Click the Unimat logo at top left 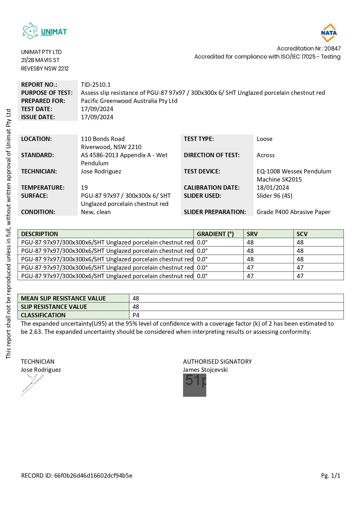point(45,31)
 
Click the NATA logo point(329,32)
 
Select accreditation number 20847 point(332,48)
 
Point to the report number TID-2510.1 point(96,85)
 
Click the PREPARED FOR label point(43,101)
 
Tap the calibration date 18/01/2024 point(273,188)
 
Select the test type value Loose point(265,139)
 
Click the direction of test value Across point(265,155)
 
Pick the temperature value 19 point(84,188)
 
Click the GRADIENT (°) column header point(215,234)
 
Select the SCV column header point(302,234)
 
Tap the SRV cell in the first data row point(250,242)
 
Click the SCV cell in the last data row point(300,276)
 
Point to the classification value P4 point(136,315)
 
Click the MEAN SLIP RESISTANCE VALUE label point(63,298)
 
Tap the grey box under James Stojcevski point(194,385)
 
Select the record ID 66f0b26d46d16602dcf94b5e point(93,476)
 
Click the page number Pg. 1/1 point(330,476)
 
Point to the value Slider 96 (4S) point(274,196)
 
